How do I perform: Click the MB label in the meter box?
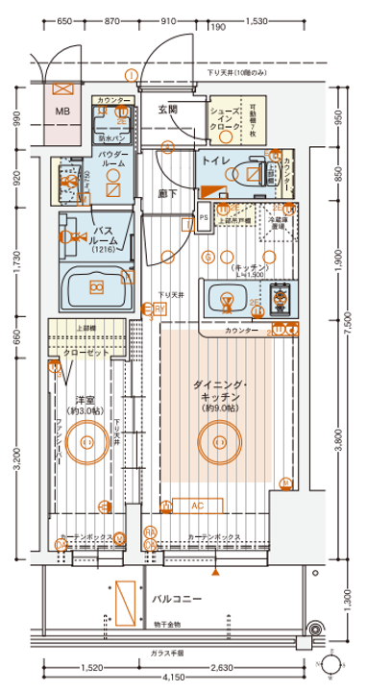coord(62,112)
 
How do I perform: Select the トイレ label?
coord(213,163)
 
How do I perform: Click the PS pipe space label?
coord(203,218)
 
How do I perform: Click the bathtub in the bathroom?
coord(96,286)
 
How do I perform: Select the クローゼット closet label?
coord(91,352)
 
